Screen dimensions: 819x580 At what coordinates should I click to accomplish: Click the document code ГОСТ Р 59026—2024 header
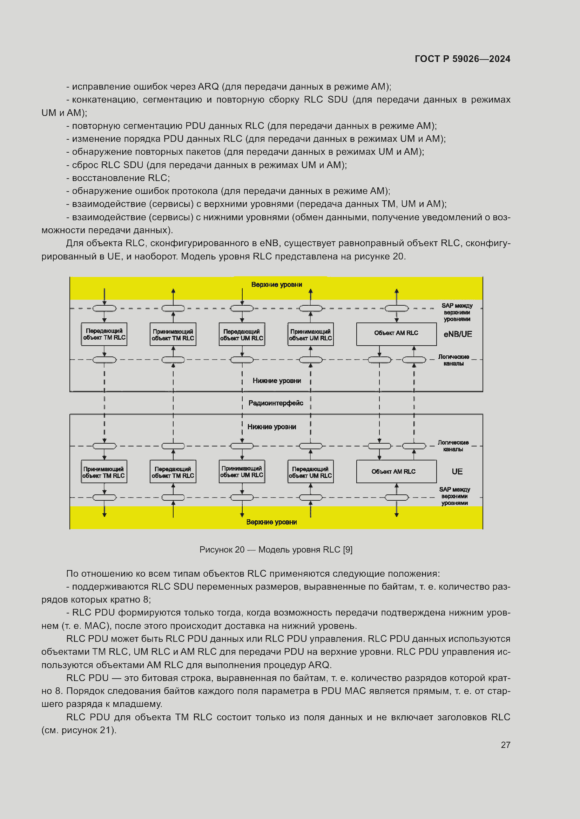click(462, 59)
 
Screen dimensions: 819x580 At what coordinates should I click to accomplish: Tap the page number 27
click(505, 745)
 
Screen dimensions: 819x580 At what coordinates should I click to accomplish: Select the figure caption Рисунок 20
click(276, 550)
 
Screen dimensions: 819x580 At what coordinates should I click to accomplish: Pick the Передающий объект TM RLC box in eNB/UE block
click(104, 334)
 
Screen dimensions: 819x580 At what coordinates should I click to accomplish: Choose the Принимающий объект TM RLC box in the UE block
click(104, 472)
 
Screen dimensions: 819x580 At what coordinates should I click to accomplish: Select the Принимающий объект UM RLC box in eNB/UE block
click(310, 335)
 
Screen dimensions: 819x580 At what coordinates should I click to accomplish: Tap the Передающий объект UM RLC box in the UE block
click(310, 472)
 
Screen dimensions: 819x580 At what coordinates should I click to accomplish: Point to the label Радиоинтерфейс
click(276, 403)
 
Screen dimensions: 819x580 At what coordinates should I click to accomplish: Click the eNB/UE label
click(458, 334)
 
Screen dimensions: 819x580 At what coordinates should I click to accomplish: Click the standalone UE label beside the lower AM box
click(457, 472)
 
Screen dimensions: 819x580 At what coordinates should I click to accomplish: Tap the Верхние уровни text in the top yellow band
click(276, 285)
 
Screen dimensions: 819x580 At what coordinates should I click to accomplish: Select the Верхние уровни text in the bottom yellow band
click(271, 522)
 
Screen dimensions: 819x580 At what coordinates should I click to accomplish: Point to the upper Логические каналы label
click(453, 360)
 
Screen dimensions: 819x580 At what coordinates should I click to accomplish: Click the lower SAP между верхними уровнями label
click(454, 496)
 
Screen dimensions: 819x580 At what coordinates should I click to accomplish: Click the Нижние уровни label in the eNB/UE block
click(276, 381)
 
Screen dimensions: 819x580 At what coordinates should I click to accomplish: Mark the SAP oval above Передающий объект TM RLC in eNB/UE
click(104, 308)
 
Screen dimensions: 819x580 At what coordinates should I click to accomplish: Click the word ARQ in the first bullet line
click(208, 87)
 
